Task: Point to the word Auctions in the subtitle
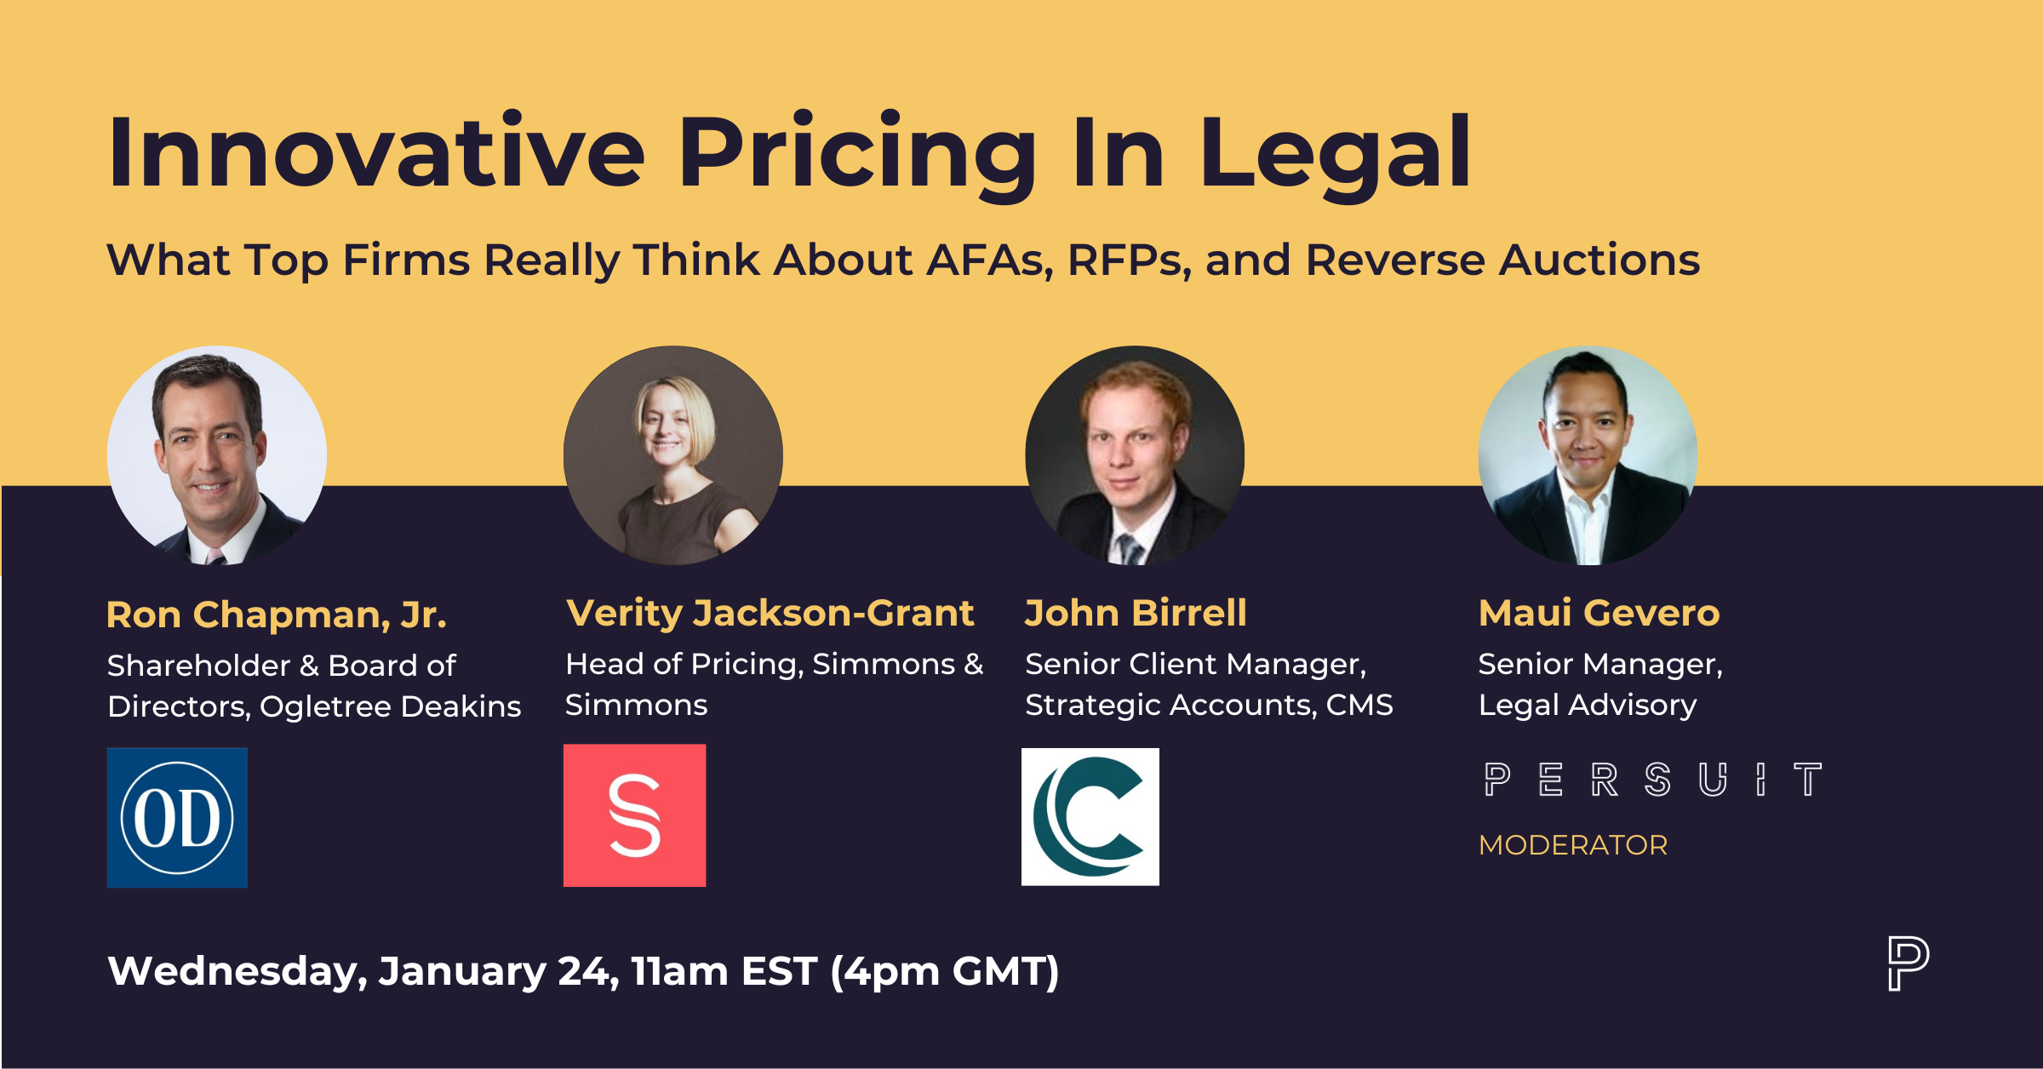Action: point(1599,260)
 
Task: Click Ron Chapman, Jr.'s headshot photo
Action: point(217,455)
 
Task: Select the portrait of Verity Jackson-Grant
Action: point(673,455)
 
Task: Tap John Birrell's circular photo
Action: point(1135,455)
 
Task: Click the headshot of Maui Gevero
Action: point(1588,455)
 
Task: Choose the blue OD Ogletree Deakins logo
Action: point(177,818)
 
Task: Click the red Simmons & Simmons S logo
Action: point(634,815)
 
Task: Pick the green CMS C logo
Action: point(1090,817)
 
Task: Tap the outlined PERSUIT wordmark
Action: point(1652,780)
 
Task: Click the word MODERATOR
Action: point(1573,845)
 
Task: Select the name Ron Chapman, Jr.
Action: point(277,615)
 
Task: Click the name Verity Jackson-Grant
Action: point(770,613)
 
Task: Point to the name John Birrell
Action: point(1136,613)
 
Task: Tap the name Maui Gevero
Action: point(1599,613)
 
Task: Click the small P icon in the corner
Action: point(1908,963)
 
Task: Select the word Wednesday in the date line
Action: point(237,971)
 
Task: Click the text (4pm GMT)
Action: point(945,971)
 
